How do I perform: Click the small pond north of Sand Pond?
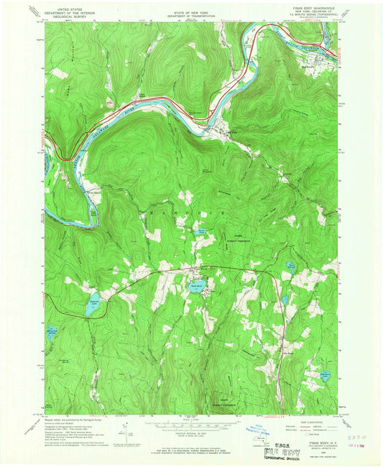(201, 231)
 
